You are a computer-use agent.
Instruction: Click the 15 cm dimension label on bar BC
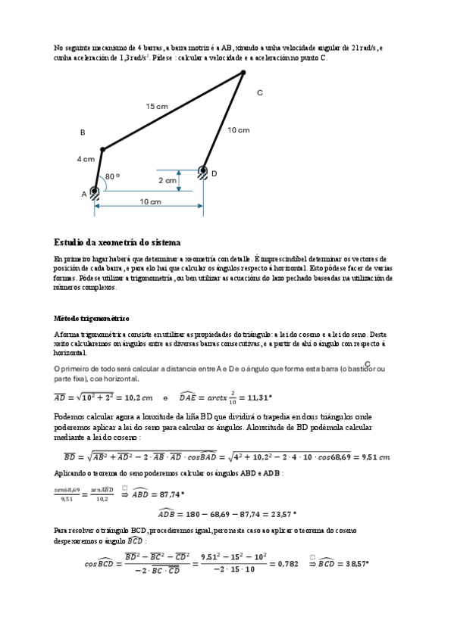(x=157, y=107)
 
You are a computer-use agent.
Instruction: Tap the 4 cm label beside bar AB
(x=86, y=159)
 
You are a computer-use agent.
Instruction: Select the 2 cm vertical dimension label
(x=168, y=181)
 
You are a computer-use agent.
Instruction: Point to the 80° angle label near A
(x=112, y=176)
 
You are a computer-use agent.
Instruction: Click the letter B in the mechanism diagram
(x=83, y=132)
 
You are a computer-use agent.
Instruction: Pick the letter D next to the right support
(x=214, y=173)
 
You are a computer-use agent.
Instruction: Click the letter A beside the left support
(x=84, y=194)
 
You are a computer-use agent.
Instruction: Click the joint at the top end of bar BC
(x=243, y=73)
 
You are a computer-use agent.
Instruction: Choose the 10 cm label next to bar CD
(x=238, y=130)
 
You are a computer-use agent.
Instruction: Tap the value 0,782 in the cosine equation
(x=287, y=564)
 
